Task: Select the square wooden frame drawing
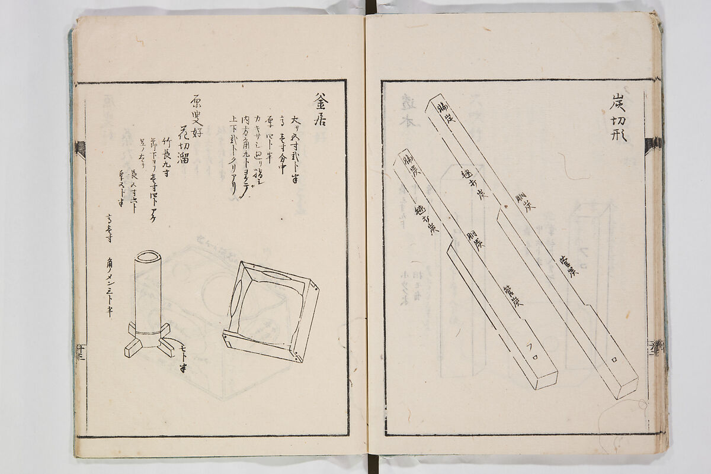(271, 311)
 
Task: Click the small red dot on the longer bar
(504, 207)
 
